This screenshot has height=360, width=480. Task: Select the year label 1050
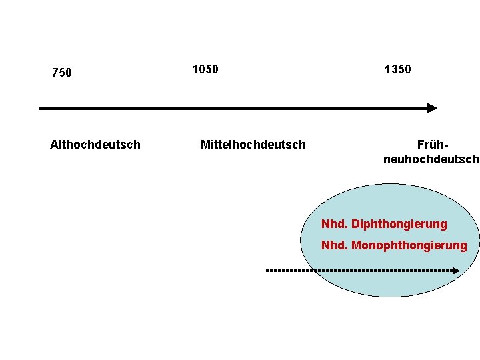point(205,69)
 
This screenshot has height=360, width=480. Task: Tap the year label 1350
point(398,69)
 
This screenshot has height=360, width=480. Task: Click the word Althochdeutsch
point(95,145)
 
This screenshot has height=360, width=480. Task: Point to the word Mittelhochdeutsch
point(253,145)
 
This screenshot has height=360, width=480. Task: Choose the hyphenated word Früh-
point(431,145)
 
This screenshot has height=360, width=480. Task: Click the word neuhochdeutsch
point(431,159)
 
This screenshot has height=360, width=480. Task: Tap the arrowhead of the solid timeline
point(432,108)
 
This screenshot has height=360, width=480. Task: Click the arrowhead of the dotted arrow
point(456,271)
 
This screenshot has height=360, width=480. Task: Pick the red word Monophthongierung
point(409,245)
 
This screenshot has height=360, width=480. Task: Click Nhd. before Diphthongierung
point(335,224)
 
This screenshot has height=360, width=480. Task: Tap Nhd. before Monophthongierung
point(335,245)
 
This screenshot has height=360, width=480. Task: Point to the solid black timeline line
point(233,108)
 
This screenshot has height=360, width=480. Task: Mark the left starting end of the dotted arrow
point(268,271)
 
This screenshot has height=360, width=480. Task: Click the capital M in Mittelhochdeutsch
point(205,145)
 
